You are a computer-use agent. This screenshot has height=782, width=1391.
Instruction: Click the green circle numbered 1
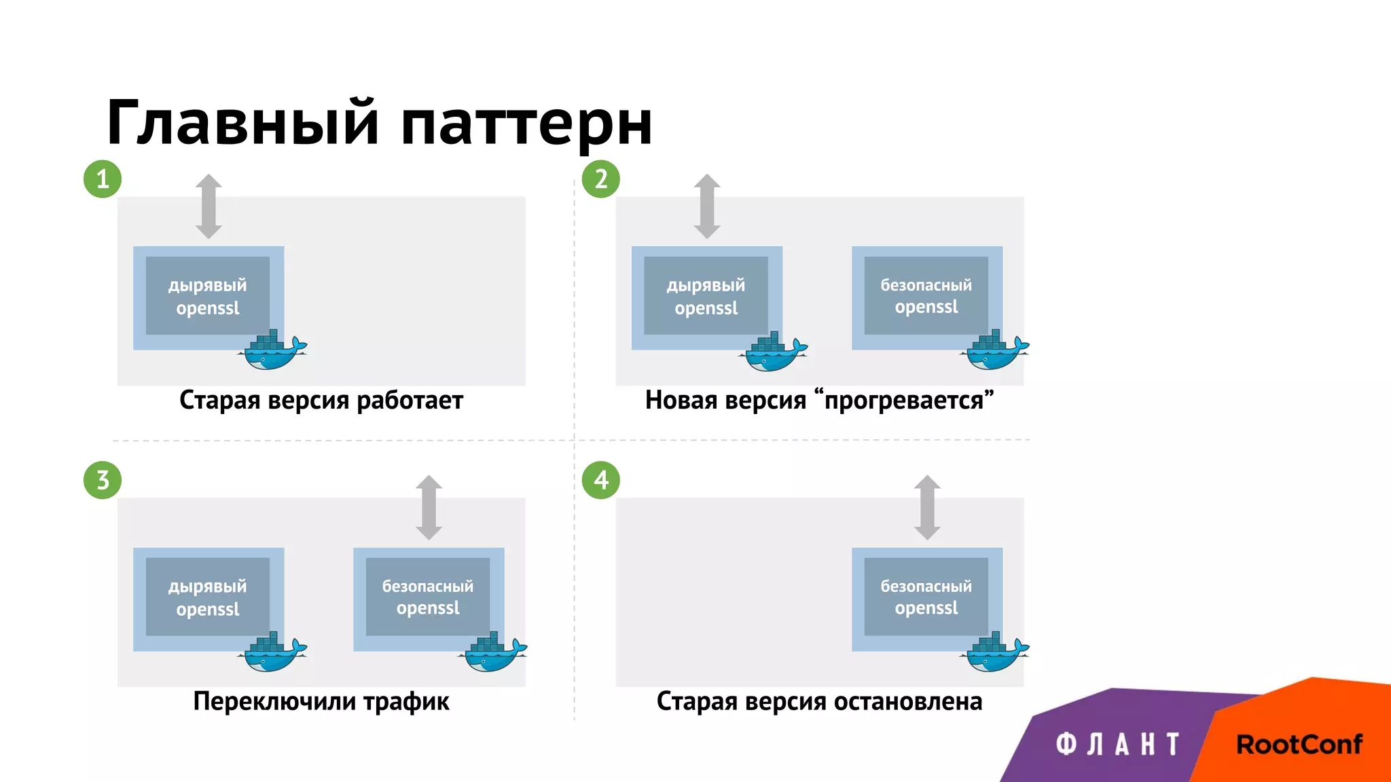click(x=103, y=179)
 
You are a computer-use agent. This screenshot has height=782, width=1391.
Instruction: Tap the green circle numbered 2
click(x=601, y=179)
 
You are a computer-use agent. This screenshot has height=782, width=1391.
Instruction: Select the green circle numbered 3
click(x=103, y=481)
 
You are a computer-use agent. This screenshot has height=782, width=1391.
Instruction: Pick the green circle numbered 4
click(x=601, y=481)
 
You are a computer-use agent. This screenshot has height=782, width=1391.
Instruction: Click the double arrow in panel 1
click(x=209, y=206)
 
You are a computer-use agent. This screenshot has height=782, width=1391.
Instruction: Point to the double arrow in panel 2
click(x=707, y=206)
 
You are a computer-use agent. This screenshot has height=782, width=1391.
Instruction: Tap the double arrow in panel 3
click(x=429, y=508)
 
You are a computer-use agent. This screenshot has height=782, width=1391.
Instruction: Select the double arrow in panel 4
click(x=927, y=508)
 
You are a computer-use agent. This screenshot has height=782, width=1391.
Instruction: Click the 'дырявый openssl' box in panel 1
click(x=208, y=296)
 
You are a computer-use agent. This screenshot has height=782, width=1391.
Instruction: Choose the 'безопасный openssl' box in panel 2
click(x=926, y=296)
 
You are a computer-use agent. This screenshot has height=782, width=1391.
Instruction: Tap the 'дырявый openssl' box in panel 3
click(x=208, y=597)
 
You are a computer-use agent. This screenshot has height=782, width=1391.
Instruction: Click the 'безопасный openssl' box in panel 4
click(x=926, y=597)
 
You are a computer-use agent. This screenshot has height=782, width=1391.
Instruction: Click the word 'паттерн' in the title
click(x=526, y=124)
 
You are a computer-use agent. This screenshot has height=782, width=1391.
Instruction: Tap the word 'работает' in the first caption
click(x=410, y=401)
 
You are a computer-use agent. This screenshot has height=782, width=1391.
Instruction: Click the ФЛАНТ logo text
click(x=1118, y=745)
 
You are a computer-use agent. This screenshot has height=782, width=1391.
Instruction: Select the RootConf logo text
click(x=1299, y=745)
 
